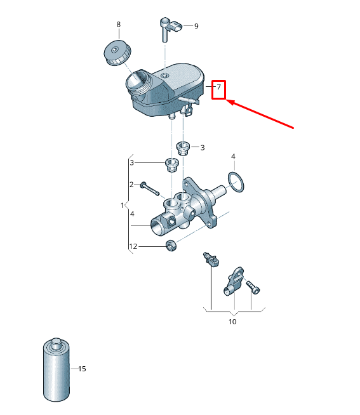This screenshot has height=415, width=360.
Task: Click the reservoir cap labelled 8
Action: pos(117,53)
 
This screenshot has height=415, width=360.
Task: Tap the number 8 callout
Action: pos(118,24)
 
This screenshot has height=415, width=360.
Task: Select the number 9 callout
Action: pos(196,26)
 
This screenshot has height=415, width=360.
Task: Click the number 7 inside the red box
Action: pos(218,87)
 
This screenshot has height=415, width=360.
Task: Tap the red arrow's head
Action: pos(230,102)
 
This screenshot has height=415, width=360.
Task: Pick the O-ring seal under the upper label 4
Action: pos(236,182)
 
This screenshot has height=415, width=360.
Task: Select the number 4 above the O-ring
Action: pos(233,157)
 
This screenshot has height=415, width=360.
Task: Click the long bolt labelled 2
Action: pos(150,188)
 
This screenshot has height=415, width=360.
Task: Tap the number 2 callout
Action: pos(131,184)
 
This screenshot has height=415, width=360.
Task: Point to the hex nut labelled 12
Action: pos(171,246)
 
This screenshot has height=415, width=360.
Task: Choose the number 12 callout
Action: pos(133,246)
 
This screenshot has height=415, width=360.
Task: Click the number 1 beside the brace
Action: pos(122,206)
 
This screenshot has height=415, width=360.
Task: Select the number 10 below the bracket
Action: pos(232,322)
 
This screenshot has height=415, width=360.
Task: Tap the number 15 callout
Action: pos(82,369)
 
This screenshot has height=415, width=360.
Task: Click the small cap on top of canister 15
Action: pos(56,341)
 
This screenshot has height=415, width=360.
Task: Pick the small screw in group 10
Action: pos(253,287)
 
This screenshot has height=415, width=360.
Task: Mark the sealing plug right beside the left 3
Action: pos(171,164)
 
